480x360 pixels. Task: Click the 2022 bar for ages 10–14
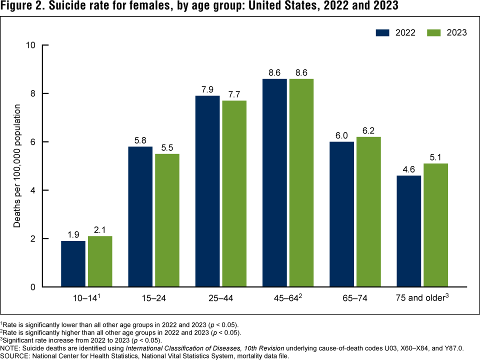(73, 264)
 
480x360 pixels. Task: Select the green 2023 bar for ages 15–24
(167, 220)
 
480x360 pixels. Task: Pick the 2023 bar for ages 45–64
(301, 182)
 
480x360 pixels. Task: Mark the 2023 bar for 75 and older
(436, 225)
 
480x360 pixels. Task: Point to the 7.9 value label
(207, 89)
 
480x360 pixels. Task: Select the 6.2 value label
(369, 131)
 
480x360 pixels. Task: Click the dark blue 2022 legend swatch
(382, 32)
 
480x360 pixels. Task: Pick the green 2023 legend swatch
(433, 32)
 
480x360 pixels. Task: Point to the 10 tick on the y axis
(31, 45)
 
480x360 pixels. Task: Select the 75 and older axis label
(421, 299)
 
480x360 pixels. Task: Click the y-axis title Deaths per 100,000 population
(17, 166)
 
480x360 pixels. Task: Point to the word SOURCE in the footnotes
(16, 356)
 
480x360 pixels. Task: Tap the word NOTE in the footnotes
(10, 348)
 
